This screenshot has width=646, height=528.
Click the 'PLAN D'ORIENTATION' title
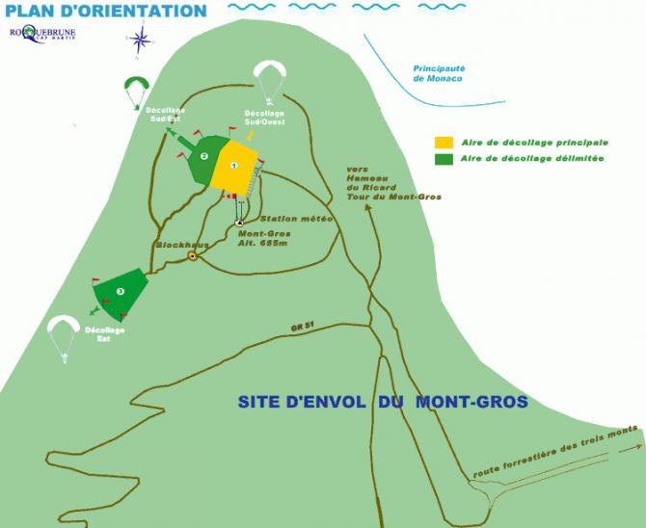pos(105,12)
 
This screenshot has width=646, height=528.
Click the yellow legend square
pos(444,143)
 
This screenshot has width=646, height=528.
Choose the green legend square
pos(444,159)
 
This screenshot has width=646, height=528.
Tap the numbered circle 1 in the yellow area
pos(234,166)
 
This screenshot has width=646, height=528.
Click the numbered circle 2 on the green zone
pos(203,156)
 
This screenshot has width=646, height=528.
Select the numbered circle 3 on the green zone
pos(120,290)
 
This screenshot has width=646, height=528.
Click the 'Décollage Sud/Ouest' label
pos(245,131)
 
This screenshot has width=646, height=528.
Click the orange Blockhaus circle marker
pos(193,256)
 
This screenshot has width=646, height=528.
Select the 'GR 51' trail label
pos(302,329)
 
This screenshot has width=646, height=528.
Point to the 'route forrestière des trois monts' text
pos(554,450)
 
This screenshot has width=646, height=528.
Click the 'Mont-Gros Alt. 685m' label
pos(264,237)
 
